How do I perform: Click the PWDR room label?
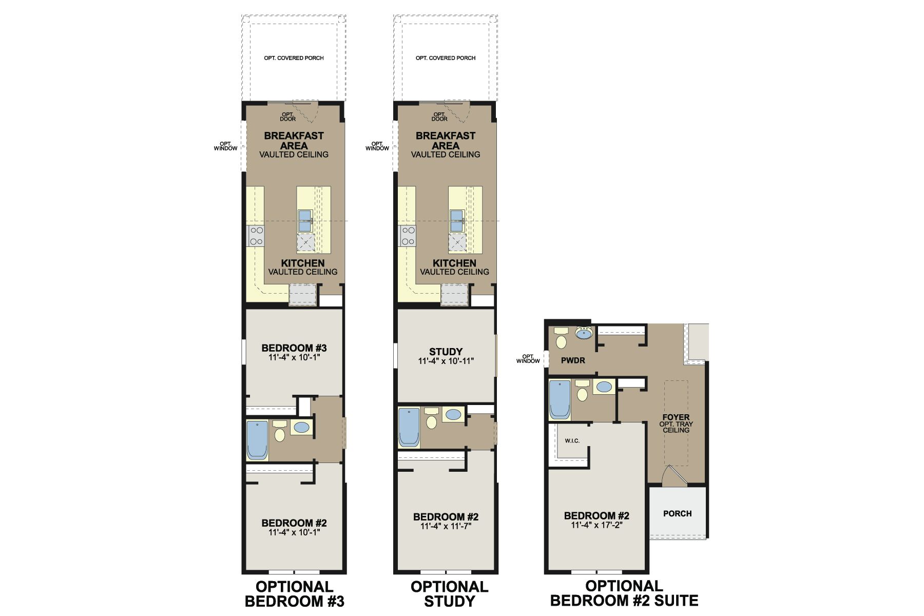coord(573,360)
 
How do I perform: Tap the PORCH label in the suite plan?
coord(677,513)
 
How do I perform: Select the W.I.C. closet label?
coord(572,441)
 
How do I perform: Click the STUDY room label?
coord(446,352)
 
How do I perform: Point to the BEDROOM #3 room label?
coord(294,348)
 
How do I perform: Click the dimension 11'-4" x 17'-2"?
coord(596,525)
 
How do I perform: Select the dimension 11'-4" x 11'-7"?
coord(446,526)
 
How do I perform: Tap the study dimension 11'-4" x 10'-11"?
coord(446,361)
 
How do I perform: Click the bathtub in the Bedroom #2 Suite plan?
coord(560,399)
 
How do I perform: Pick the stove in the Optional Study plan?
coord(408,236)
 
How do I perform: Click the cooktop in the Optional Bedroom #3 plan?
coord(256,236)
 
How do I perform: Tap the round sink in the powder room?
coord(584,334)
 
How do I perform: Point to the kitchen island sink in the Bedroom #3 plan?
coord(305,220)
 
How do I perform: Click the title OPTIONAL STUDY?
coord(449,593)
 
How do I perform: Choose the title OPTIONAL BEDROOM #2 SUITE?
coord(624,593)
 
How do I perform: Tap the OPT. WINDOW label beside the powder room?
coord(528,358)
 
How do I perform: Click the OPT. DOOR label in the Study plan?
coord(439,117)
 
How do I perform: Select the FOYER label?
coord(676,417)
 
